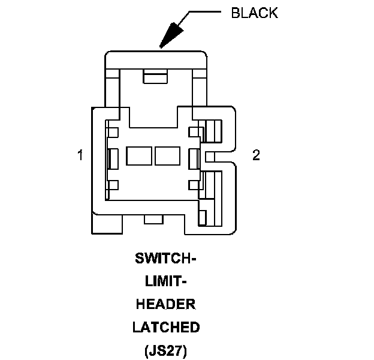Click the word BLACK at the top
click(x=254, y=13)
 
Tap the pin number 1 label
click(x=80, y=155)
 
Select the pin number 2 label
click(x=256, y=155)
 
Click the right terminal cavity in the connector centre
click(x=167, y=156)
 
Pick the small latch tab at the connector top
click(x=155, y=77)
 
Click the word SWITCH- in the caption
click(x=166, y=259)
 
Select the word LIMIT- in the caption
click(x=166, y=282)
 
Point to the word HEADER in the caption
click(x=166, y=305)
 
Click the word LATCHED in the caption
click(x=166, y=328)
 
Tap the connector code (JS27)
click(x=166, y=350)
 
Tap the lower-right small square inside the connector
click(x=193, y=185)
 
